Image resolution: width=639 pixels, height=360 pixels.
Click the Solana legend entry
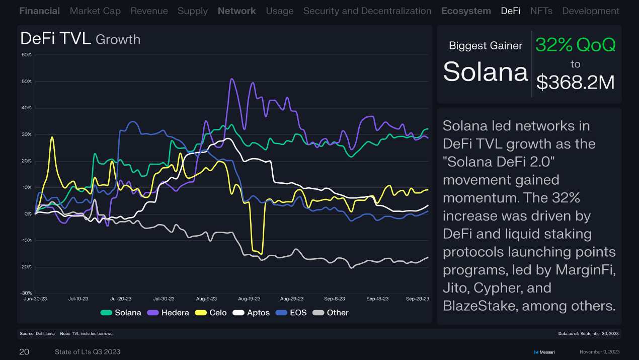coord(121,313)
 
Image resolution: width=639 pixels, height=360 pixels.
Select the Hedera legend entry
coord(168,313)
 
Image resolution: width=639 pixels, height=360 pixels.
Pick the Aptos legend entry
coord(252,313)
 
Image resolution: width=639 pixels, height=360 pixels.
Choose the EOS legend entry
coord(291,313)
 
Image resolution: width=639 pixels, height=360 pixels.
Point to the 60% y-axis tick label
coord(27,54)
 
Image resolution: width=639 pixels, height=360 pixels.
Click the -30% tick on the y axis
coord(26,293)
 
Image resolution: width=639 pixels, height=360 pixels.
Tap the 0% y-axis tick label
coord(28,213)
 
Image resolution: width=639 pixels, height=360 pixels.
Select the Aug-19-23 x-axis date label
coord(249,299)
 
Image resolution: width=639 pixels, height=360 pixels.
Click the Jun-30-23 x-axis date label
coord(36,299)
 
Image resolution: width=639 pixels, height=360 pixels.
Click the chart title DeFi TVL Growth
coord(80,39)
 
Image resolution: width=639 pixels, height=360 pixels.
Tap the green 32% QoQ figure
coord(575,45)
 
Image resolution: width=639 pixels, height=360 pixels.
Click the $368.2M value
coord(575,82)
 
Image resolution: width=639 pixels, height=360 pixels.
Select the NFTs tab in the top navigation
coord(541,11)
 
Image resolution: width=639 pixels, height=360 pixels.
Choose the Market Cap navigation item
coord(95,11)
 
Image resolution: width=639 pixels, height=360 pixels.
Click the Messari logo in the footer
coord(544,352)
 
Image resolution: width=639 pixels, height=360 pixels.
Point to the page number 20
coord(24,352)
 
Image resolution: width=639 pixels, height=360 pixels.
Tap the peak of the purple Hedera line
coord(231,79)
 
